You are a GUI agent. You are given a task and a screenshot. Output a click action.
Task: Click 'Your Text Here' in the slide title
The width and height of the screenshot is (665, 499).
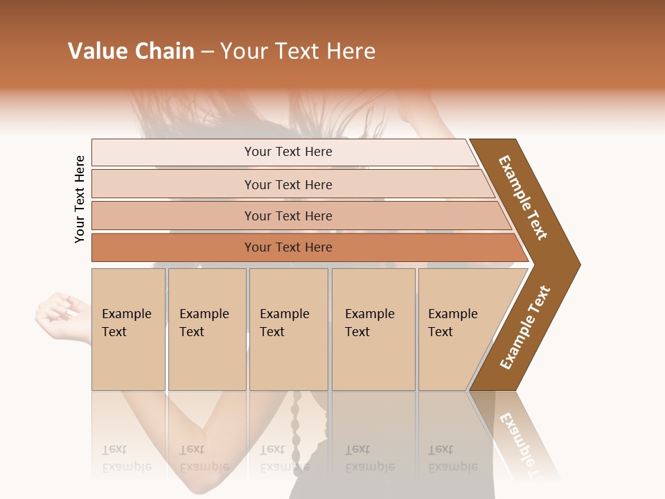[298, 51]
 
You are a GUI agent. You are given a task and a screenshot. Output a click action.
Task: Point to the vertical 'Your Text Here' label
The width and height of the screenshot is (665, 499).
[80, 200]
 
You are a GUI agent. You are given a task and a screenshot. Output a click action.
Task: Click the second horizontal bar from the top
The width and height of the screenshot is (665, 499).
[288, 184]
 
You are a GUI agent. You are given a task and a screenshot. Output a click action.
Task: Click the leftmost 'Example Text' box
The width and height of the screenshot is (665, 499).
[128, 329]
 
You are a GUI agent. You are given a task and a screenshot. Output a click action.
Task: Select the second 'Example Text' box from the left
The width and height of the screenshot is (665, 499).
[206, 329]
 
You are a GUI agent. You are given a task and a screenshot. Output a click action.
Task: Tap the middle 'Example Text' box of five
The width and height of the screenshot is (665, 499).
[288, 329]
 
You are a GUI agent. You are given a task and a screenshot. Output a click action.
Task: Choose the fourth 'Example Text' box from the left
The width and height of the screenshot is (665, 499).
[373, 329]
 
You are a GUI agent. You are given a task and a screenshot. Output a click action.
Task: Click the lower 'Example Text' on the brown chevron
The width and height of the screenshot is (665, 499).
[525, 327]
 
